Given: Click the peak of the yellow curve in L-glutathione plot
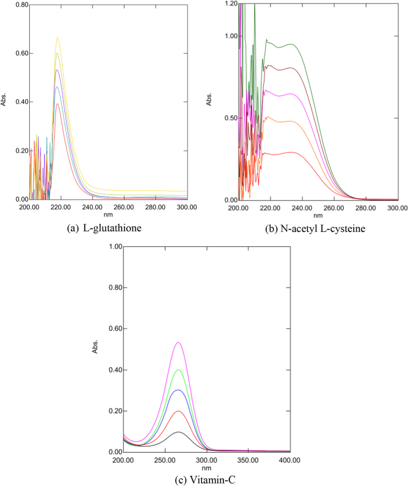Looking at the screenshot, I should (58, 38).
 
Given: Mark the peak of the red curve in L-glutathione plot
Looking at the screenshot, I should (57, 104).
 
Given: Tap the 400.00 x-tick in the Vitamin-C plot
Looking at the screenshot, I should (289, 460).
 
